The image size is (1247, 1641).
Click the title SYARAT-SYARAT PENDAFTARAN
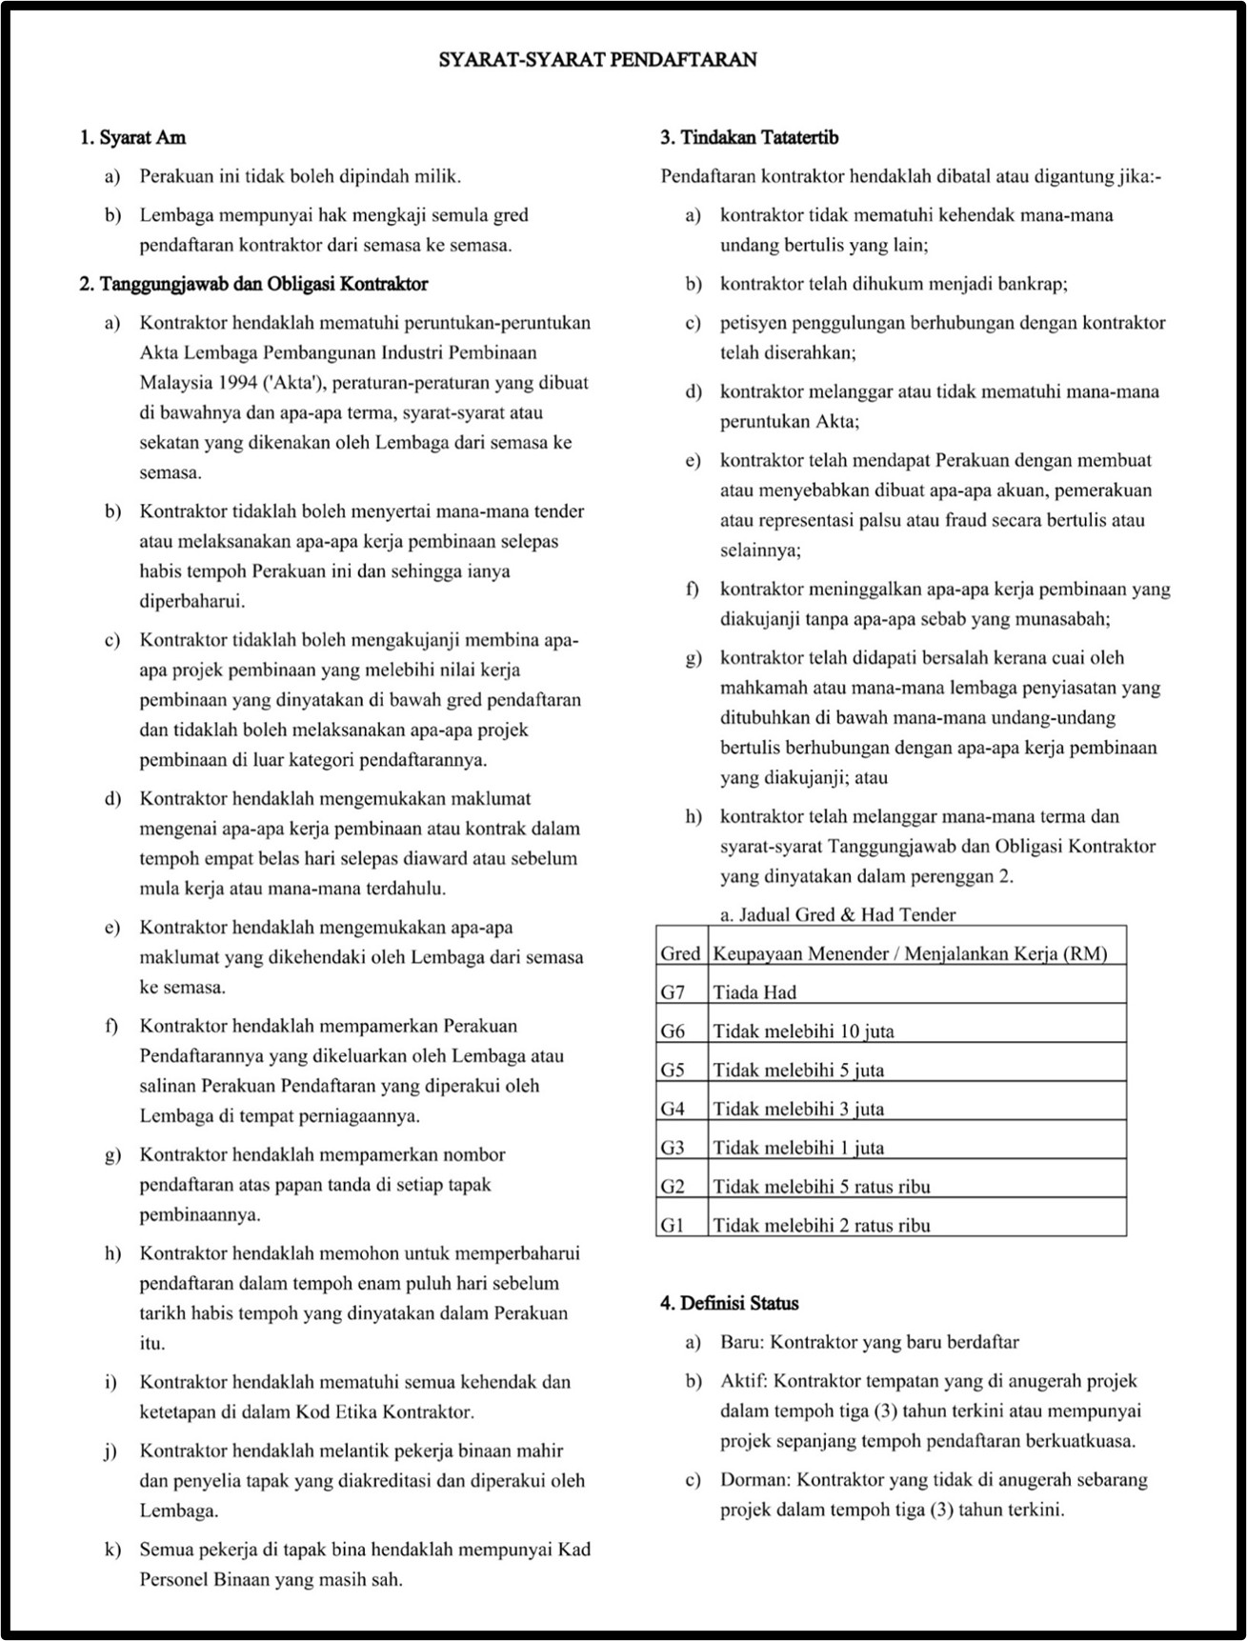pos(597,60)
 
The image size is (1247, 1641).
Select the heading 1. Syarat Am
pos(132,138)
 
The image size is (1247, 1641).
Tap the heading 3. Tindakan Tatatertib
pos(749,138)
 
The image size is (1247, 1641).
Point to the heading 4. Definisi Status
pos(729,1303)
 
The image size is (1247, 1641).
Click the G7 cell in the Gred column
pos(673,992)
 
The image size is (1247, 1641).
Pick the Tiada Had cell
pos(754,992)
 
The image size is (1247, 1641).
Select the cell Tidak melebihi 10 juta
pos(803,1031)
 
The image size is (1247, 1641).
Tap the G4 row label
pos(673,1110)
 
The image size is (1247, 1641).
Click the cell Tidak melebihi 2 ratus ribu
pos(821,1226)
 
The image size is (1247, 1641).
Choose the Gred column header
pos(680,953)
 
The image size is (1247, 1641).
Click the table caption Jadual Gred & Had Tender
pos(837,915)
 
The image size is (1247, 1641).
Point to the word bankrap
pos(1034,284)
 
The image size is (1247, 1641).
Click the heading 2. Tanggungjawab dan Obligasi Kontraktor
pos(253,284)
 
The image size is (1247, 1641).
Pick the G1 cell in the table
pos(673,1226)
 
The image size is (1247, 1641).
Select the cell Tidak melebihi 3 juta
pos(798,1110)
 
